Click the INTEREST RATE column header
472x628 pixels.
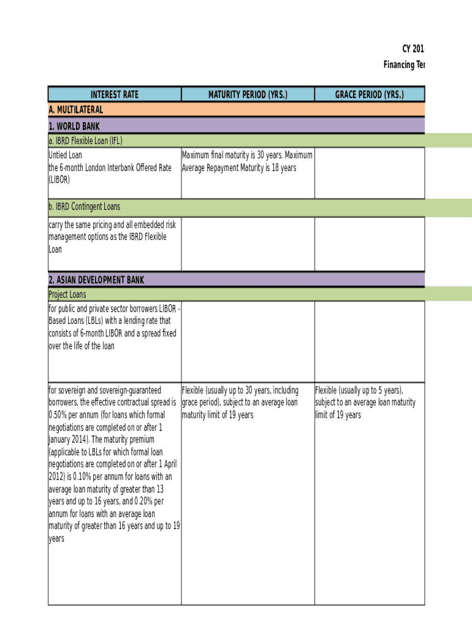pyautogui.click(x=115, y=94)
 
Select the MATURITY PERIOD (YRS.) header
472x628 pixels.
pyautogui.click(x=248, y=94)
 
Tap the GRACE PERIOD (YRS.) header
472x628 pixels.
pyautogui.click(x=369, y=94)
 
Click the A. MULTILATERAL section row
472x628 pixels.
pyautogui.click(x=76, y=110)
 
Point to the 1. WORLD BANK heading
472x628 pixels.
pyautogui.click(x=74, y=126)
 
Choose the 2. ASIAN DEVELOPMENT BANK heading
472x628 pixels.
pyautogui.click(x=96, y=280)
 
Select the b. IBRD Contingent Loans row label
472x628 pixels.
pyautogui.click(x=85, y=207)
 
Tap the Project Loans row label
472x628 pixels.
pyautogui.click(x=67, y=294)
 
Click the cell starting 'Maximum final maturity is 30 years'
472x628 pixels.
pyautogui.click(x=247, y=161)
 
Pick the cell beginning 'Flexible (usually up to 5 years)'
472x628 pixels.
pyautogui.click(x=365, y=402)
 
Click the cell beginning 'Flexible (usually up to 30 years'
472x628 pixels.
pyautogui.click(x=240, y=402)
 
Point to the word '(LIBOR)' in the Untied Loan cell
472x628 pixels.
pyautogui.click(x=59, y=180)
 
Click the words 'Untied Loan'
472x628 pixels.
pyautogui.click(x=65, y=155)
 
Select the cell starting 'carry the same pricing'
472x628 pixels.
pyautogui.click(x=107, y=237)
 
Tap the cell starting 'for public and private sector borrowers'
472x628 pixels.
pyautogui.click(x=114, y=327)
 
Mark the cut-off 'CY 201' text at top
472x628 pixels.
pyautogui.click(x=413, y=49)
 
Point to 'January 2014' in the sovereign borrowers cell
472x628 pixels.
pyautogui.click(x=69, y=439)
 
